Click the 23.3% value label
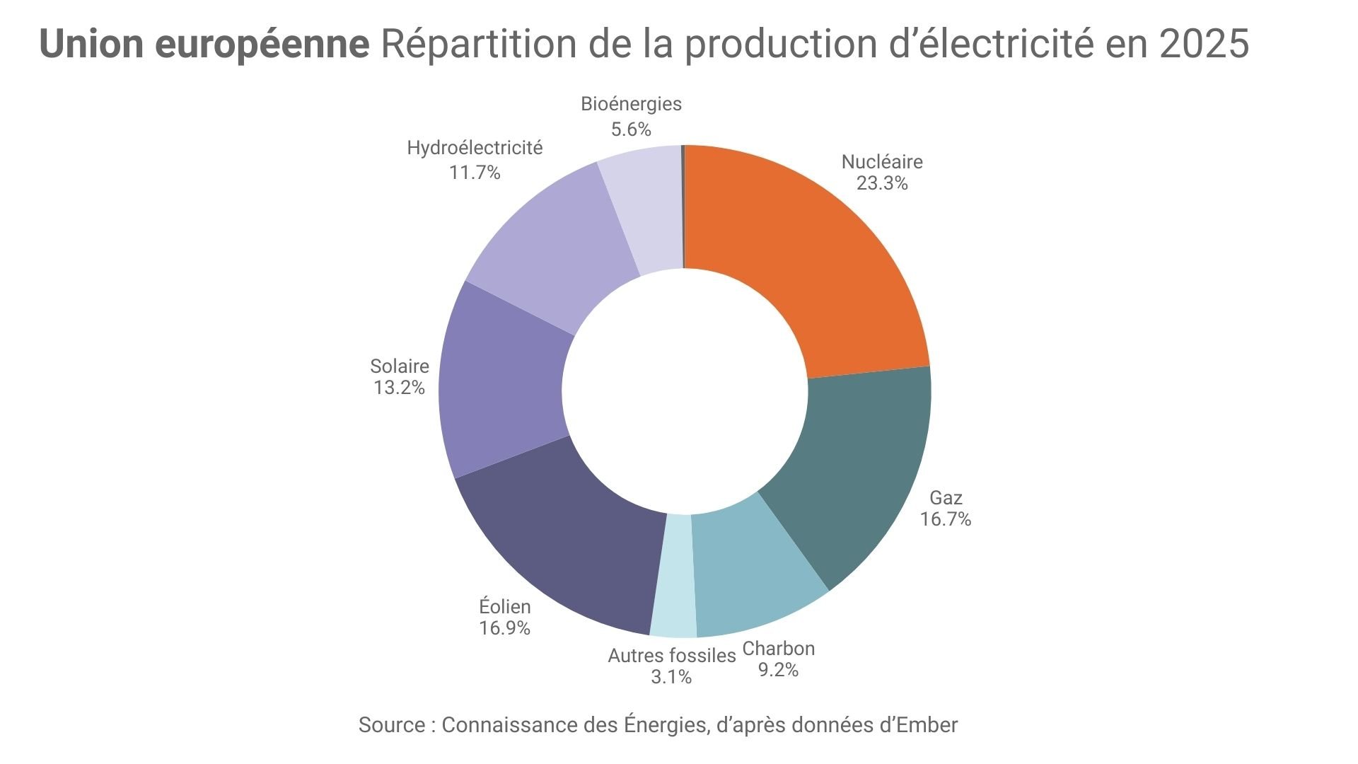coord(882,184)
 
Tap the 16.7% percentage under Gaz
coord(946,519)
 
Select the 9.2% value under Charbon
coord(778,670)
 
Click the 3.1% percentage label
coord(671,677)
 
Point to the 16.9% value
coord(504,628)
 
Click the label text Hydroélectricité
coord(475,148)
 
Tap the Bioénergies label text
coord(631,104)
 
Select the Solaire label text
coord(400,366)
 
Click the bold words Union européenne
coord(204,44)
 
